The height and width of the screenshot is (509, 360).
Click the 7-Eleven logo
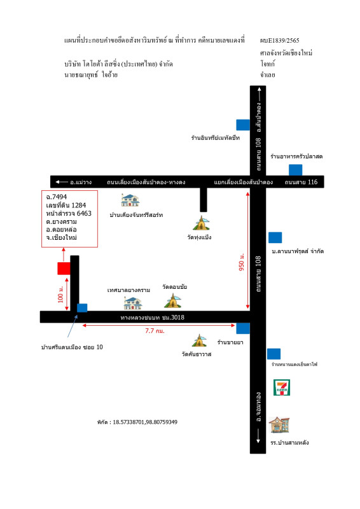click(x=281, y=387)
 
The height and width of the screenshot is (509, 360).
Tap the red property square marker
click(x=64, y=268)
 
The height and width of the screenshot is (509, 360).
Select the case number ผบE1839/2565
click(x=279, y=41)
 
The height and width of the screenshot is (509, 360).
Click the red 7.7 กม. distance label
click(x=155, y=331)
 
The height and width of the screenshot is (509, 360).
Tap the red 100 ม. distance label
click(x=60, y=294)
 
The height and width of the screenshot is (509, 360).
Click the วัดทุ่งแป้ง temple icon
click(x=201, y=223)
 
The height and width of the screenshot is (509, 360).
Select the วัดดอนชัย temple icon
click(x=173, y=300)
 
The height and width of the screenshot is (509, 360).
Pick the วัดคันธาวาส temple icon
click(x=199, y=340)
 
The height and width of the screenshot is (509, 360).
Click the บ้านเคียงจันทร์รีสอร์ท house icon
click(x=130, y=200)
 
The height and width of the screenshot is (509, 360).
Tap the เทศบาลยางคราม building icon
click(x=133, y=303)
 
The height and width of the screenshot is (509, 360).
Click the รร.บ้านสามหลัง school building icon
click(x=279, y=425)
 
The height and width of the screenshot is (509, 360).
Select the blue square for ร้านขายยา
click(x=243, y=328)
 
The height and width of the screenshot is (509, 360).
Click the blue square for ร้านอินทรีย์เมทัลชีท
click(x=243, y=125)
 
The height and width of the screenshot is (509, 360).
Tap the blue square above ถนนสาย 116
click(x=295, y=170)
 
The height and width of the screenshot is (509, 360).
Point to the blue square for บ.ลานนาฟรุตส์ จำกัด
click(x=275, y=237)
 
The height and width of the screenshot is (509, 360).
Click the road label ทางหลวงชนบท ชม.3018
click(x=152, y=317)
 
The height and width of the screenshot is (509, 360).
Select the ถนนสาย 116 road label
click(x=301, y=182)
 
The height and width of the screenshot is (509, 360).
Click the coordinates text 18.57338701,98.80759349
click(x=145, y=422)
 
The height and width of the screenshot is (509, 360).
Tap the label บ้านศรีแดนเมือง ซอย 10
click(x=72, y=347)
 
